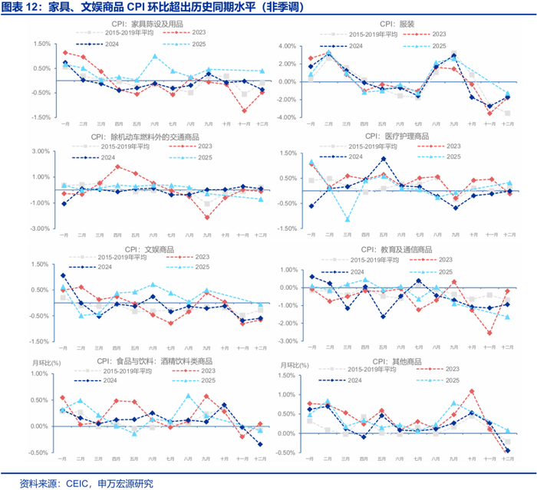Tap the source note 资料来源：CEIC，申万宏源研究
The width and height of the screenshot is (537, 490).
87,482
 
